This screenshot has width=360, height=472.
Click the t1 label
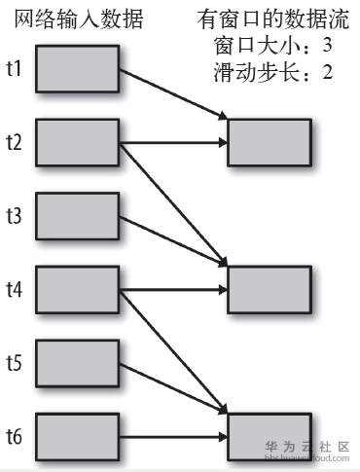point(15,69)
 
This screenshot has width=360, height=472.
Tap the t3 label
point(15,216)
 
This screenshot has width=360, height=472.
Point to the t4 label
point(15,289)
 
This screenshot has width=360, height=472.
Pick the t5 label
point(15,363)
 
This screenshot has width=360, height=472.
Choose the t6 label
point(15,436)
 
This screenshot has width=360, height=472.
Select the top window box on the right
point(269,143)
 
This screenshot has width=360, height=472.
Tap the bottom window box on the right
point(269,436)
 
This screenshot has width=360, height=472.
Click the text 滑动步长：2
point(271,72)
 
